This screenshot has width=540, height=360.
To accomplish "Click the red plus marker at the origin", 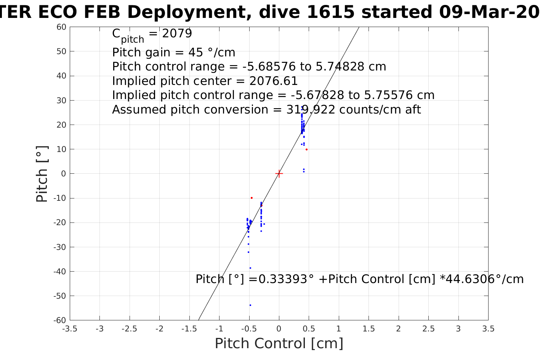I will click(279, 174).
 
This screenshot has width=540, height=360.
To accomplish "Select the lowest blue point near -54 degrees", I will click(250, 305).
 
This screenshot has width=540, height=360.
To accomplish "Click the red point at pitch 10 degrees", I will click(306, 149).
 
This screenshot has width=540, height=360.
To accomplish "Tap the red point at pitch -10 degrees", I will click(252, 198).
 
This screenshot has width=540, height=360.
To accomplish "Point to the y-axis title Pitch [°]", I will click(42, 174).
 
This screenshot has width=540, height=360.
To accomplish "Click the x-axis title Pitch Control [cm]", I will click(279, 344).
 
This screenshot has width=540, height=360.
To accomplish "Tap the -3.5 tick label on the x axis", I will click(69, 329).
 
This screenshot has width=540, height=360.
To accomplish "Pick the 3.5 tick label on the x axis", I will click(488, 329).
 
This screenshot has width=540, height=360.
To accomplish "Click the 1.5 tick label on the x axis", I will click(369, 329).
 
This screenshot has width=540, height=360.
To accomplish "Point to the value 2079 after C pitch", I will click(177, 34).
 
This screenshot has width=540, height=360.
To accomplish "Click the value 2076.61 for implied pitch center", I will click(273, 81).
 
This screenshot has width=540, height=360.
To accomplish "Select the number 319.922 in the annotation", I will click(311, 110).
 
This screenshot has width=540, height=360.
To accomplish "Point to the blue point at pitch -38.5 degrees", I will click(250, 268).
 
